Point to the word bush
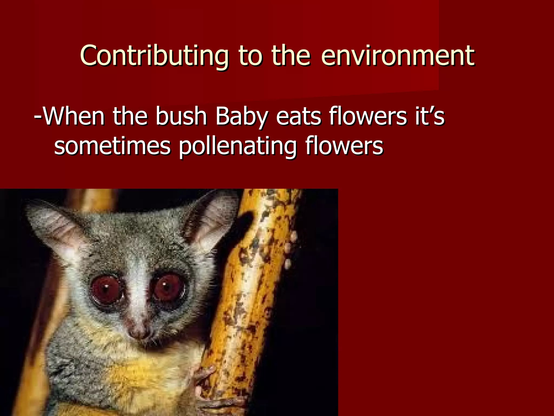tap(181, 116)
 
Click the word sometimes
tap(112, 146)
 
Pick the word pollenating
tap(238, 146)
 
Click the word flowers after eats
tap(368, 116)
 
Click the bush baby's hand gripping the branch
tap(206, 379)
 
